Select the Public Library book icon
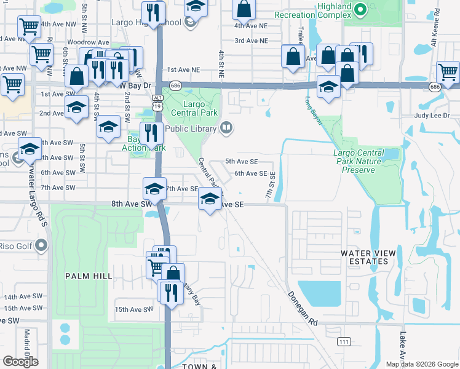[226, 128]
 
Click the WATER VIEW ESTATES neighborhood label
[365, 257]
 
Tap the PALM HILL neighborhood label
[89, 276]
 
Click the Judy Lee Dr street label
[432, 116]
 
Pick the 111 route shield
[343, 341]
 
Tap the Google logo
[21, 362]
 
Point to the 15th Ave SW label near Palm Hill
[133, 309]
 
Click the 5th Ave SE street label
[240, 161]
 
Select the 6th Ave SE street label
[250, 174]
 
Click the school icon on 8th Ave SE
[210, 199]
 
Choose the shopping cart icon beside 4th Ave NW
[29, 26]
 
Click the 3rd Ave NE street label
[252, 41]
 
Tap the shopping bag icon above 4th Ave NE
[244, 9]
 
